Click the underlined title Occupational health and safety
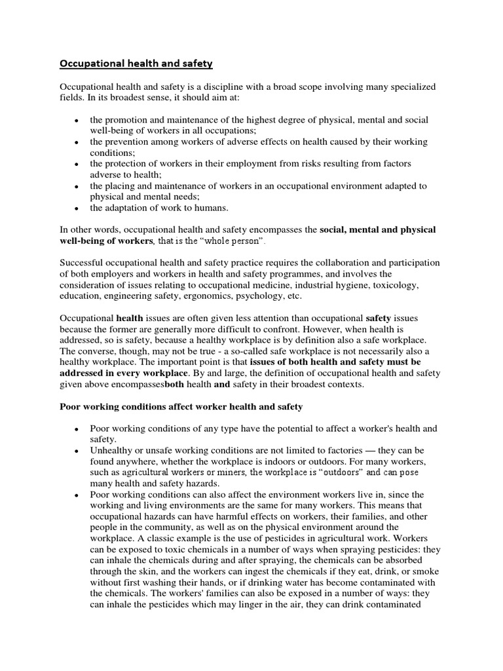[x=136, y=64]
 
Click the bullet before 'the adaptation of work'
[x=77, y=208]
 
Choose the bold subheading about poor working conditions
[x=181, y=406]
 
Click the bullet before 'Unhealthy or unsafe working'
[x=77, y=451]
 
